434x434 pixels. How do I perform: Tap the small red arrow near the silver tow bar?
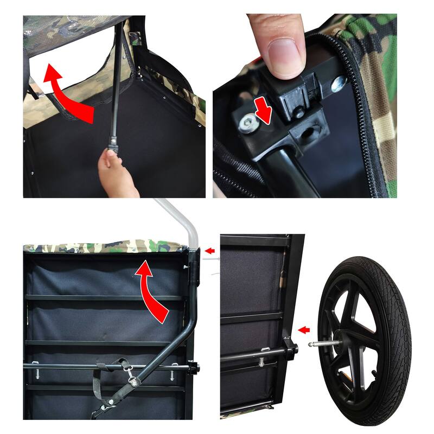[211, 251]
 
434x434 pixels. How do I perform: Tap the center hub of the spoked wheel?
[342, 347]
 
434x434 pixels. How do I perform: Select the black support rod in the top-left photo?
[115, 92]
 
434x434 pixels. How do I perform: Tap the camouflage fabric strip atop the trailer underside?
[103, 247]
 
